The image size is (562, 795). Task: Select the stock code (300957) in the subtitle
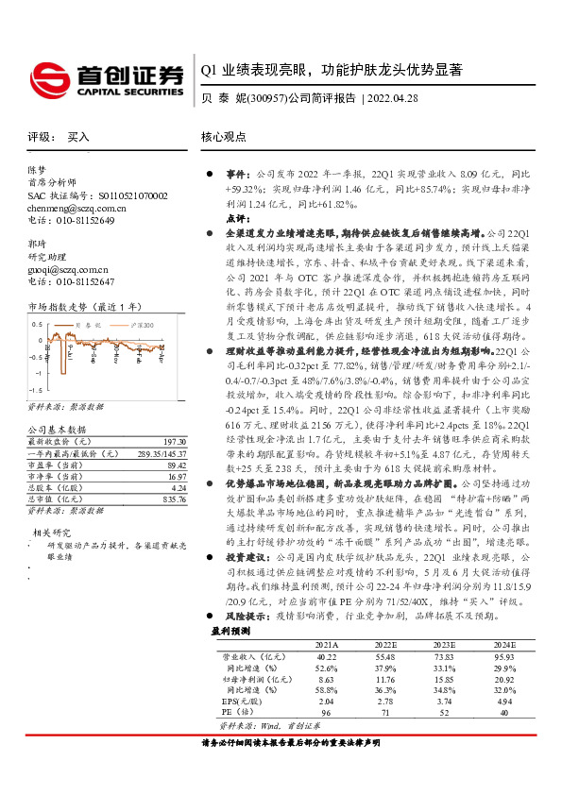coord(265,97)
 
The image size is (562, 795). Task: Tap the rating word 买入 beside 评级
coord(77,137)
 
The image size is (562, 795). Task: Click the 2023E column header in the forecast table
coord(444,644)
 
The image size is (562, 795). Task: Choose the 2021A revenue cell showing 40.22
coord(326,655)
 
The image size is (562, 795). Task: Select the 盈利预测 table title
coord(230,630)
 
